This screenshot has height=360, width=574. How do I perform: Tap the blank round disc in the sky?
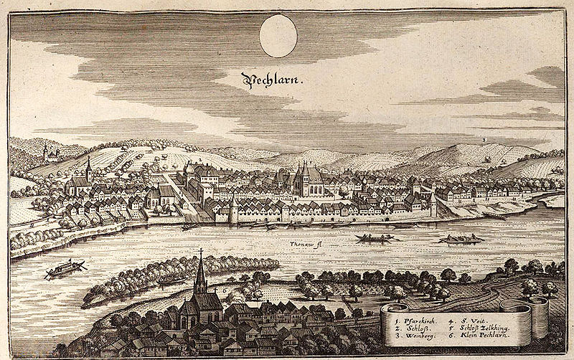tap(278, 36)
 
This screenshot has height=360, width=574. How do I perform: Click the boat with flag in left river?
tap(65, 269)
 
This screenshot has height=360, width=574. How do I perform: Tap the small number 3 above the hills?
tap(485, 138)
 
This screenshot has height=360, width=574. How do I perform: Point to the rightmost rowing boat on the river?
tap(460, 239)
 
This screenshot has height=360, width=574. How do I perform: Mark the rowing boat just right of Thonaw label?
tap(375, 238)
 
